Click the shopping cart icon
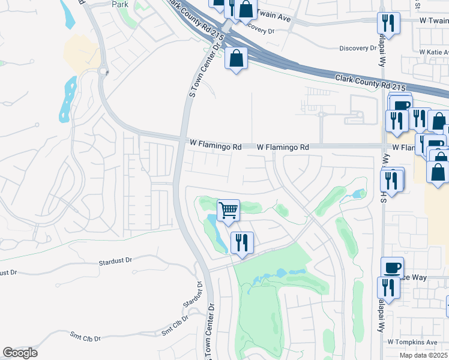pyautogui.click(x=228, y=211)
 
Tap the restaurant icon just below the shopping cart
pyautogui.click(x=241, y=243)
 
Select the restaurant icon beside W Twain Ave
pyautogui.click(x=388, y=23)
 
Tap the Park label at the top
pyautogui.click(x=120, y=4)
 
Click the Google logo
pyautogui.click(x=20, y=353)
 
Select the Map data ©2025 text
pyautogui.click(x=423, y=355)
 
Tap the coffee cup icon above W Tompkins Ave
pyautogui.click(x=392, y=268)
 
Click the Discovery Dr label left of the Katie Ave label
pyautogui.click(x=357, y=49)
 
